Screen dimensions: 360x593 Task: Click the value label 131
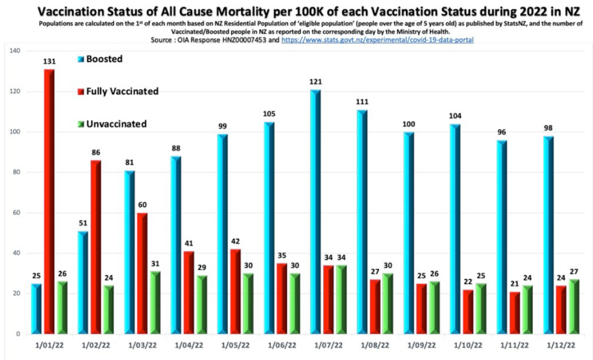point(49,61)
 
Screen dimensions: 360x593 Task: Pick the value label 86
point(96,152)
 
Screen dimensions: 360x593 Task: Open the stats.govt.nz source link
point(382,39)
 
